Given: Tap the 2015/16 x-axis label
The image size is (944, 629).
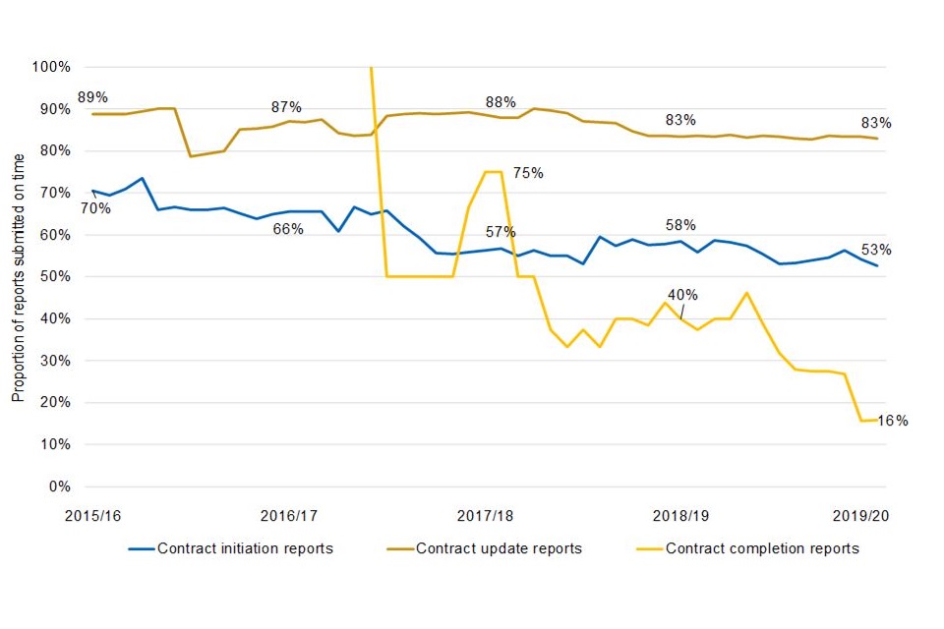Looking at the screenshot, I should [x=92, y=515].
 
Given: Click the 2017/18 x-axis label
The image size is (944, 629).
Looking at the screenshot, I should [x=486, y=515].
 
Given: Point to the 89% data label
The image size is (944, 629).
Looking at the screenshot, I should [x=92, y=97].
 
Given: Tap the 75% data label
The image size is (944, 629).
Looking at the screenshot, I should [x=528, y=173].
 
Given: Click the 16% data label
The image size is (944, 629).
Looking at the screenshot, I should [x=893, y=421].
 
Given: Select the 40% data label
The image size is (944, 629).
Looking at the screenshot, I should [x=682, y=294].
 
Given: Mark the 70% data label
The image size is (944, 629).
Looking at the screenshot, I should [x=95, y=208].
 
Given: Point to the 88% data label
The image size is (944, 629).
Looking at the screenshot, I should [x=501, y=102].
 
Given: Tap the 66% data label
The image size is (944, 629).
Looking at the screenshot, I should [x=287, y=229].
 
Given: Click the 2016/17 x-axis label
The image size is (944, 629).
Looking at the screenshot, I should [x=289, y=515].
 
